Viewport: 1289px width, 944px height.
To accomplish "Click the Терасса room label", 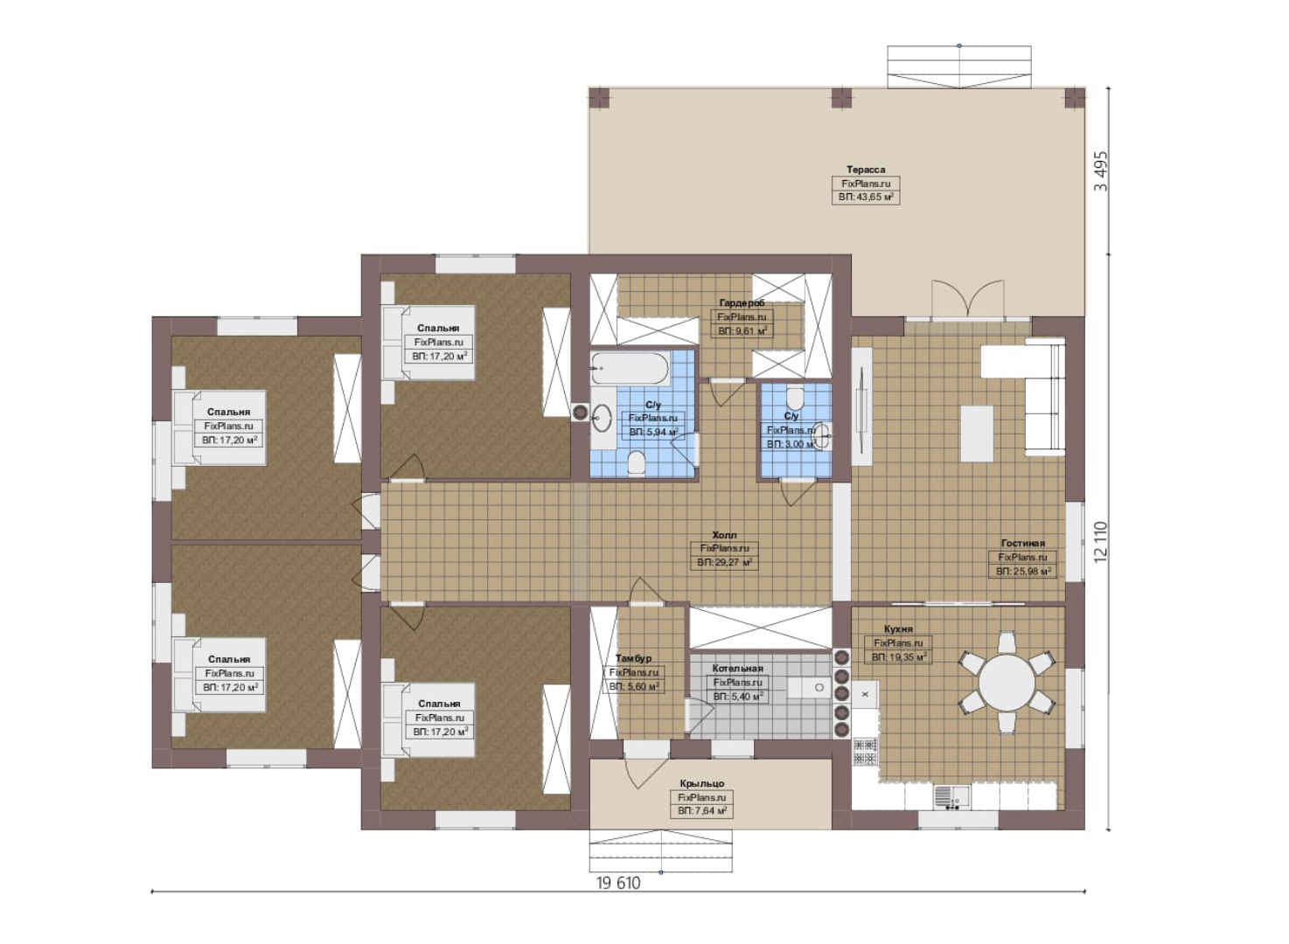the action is (x=866, y=170).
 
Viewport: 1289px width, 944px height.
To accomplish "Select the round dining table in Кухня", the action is (x=1007, y=683).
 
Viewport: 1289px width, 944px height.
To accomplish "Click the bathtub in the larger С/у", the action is (x=631, y=368).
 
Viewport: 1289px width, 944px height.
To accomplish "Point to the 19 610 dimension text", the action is (x=618, y=883).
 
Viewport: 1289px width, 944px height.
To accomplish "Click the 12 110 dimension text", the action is (x=1101, y=543).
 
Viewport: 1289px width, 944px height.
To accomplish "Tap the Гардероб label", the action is (x=742, y=302).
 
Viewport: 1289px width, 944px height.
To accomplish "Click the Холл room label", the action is (x=724, y=535).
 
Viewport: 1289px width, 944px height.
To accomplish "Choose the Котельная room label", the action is (x=738, y=669).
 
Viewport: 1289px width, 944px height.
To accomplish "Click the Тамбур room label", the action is (x=633, y=658).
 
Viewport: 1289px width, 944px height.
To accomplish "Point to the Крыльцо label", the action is (x=701, y=783).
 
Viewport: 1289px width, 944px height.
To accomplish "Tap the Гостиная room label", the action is (x=1022, y=543).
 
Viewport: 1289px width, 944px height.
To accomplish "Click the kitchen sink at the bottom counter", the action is (x=951, y=797).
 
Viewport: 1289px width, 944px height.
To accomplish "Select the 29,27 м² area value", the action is (x=724, y=563).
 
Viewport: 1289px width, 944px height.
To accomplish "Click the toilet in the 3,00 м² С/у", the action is (x=795, y=398).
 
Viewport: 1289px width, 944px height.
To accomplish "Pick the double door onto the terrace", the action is (x=968, y=300).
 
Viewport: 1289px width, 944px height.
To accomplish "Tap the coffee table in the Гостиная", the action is (x=977, y=434).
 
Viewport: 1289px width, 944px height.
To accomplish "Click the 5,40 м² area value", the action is (x=738, y=696).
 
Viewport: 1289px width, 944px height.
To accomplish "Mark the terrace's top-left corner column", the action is (x=599, y=99).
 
